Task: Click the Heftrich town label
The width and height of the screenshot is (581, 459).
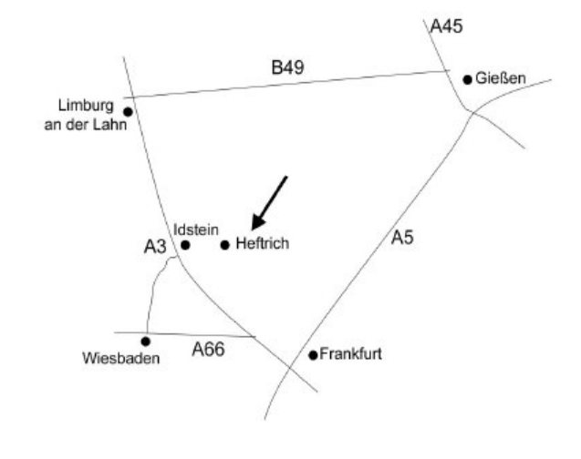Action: pos(262,244)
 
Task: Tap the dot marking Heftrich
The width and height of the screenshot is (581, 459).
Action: pos(224,244)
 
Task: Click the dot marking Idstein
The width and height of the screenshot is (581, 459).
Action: pos(185,244)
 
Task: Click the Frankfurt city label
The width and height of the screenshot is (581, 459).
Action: pos(351,354)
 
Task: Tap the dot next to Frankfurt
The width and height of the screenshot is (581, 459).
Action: pos(313,354)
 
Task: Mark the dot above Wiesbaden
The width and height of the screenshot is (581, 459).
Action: pos(146,342)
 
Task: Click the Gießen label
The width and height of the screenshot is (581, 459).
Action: pos(501,79)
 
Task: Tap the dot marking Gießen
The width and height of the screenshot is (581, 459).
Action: pos(467,79)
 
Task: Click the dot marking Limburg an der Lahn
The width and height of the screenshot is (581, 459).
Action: pos(128,112)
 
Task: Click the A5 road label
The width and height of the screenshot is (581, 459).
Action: pos(402,239)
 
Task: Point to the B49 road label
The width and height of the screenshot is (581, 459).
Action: pos(286,66)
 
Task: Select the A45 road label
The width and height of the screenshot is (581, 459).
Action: pos(448,25)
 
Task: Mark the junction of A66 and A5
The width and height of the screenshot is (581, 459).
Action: pos(288,367)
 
